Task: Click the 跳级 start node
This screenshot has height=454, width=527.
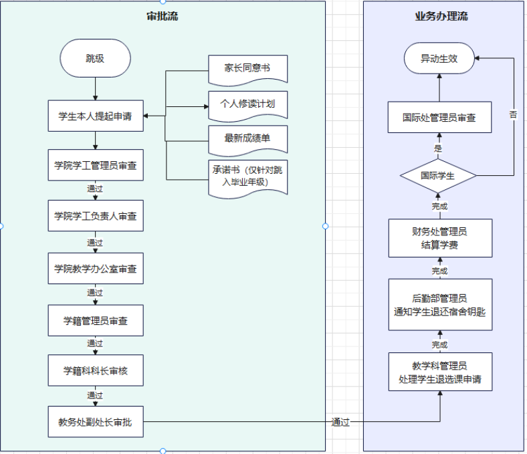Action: [95, 58]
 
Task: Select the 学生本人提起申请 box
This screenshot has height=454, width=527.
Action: [96, 116]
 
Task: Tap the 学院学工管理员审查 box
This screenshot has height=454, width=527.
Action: [96, 165]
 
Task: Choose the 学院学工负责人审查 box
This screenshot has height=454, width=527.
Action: [96, 216]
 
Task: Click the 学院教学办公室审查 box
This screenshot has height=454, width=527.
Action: [96, 269]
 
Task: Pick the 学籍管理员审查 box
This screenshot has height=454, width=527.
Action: [96, 320]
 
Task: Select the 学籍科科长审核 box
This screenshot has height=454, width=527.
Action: [96, 370]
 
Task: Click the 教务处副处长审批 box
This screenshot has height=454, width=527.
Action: [96, 422]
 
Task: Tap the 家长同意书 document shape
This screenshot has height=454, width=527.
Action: [247, 70]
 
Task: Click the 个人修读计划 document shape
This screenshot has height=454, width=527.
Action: [247, 105]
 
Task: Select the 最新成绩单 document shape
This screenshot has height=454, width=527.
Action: [247, 140]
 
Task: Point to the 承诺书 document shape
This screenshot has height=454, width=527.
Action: [247, 178]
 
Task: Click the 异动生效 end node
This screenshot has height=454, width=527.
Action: [439, 58]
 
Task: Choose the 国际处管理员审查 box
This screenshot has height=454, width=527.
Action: [439, 117]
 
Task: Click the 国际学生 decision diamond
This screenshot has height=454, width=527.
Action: [438, 175]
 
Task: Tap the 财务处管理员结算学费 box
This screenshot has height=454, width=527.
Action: [440, 238]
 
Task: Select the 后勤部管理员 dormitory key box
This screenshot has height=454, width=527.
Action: [440, 304]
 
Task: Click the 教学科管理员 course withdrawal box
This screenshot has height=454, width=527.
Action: [440, 372]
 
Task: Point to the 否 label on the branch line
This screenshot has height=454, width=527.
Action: [513, 114]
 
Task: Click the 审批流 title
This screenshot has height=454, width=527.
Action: [163, 16]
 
